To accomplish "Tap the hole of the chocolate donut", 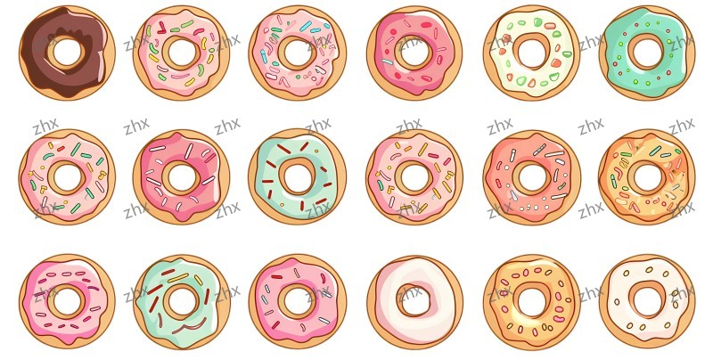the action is [66, 52].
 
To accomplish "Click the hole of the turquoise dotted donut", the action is [647, 53].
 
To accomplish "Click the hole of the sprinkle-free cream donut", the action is [414, 300].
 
